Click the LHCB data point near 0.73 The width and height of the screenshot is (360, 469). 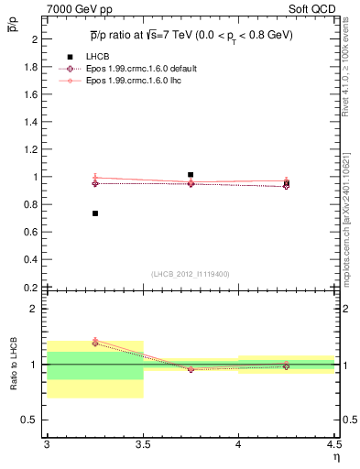[95, 213]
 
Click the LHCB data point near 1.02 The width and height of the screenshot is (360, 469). [191, 174]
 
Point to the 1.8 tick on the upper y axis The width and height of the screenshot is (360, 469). [31, 68]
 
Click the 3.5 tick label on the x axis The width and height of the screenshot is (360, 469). [143, 443]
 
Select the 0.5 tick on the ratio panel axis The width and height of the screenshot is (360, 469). [31, 420]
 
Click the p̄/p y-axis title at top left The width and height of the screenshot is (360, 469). [11, 26]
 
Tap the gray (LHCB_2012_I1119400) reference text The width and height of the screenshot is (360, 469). [191, 274]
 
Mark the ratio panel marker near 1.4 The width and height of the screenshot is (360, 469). [95, 343]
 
